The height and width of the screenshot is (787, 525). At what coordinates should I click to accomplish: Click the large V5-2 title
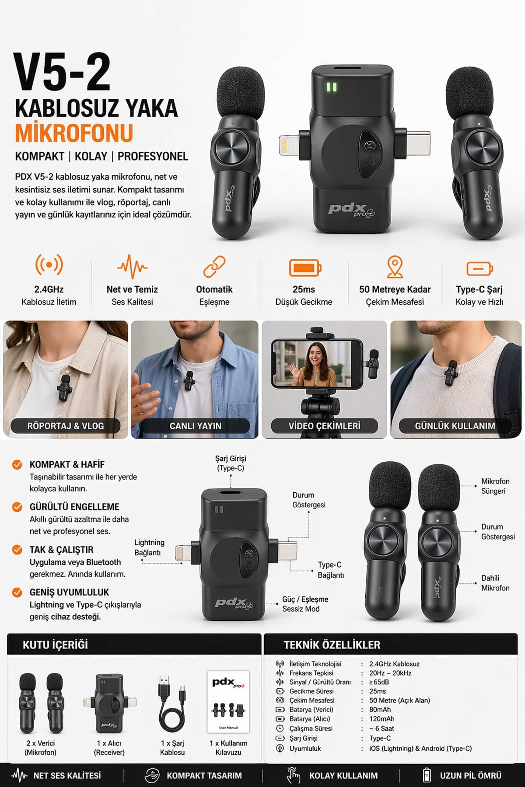point(62,72)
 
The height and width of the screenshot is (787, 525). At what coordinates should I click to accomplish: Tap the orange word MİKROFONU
point(74,133)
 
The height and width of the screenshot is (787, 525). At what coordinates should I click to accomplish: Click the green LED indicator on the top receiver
point(332,87)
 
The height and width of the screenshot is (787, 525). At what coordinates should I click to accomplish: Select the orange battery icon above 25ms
point(305,267)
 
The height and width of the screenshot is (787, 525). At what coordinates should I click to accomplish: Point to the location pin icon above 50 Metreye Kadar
point(395,267)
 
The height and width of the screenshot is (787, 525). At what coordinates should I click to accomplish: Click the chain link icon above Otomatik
point(214,267)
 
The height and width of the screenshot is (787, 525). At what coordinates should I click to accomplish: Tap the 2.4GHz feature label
point(49,289)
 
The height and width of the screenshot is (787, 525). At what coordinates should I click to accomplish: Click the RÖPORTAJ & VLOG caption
point(66,426)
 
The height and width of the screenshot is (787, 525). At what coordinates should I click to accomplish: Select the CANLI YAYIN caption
point(196,426)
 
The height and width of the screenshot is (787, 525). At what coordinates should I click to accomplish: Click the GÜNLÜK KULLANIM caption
point(455,426)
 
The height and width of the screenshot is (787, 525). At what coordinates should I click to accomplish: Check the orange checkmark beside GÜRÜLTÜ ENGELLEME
point(17,507)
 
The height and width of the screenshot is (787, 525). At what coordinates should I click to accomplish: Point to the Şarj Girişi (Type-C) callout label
point(231,463)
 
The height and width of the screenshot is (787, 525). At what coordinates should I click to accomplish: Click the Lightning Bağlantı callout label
point(149,547)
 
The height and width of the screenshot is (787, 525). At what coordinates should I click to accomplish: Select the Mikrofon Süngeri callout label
point(495,486)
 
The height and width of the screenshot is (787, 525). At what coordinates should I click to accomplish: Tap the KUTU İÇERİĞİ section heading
point(55,644)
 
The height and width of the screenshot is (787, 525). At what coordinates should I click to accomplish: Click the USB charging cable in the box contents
point(172,703)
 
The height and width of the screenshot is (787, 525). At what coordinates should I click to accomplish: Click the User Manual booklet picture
point(228,702)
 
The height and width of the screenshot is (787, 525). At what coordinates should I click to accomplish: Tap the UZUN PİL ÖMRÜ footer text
point(471,776)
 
